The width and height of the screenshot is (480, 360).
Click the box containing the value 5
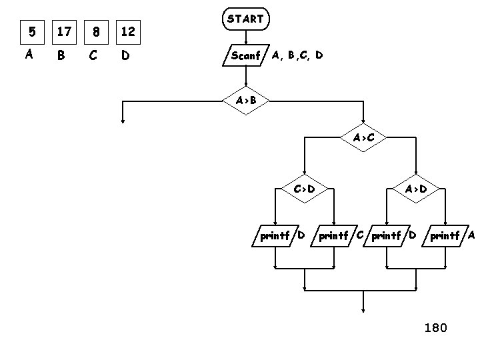[x=29, y=31]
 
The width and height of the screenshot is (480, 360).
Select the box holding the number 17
[x=64, y=31]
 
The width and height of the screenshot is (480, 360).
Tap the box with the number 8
[x=97, y=31]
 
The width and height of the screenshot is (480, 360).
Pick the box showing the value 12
[x=129, y=31]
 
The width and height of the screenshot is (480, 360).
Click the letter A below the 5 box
[x=29, y=55]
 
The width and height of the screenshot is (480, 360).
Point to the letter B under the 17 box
[x=61, y=55]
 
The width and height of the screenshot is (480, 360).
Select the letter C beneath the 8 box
[x=93, y=55]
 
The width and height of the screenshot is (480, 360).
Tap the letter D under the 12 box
[x=125, y=55]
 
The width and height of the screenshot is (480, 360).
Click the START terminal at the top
[x=245, y=19]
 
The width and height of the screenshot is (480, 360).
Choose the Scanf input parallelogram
[x=245, y=55]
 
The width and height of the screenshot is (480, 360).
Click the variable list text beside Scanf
[x=297, y=55]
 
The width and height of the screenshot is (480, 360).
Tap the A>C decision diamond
[x=363, y=138]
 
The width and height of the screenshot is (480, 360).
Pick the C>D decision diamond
[x=304, y=189]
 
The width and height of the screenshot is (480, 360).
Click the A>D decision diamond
[x=416, y=189]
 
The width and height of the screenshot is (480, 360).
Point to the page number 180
[x=436, y=327]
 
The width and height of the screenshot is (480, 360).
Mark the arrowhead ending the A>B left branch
[x=123, y=121]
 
